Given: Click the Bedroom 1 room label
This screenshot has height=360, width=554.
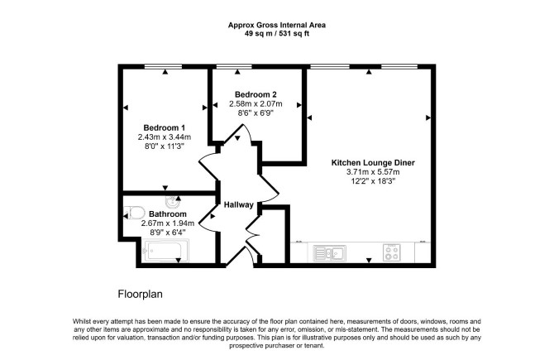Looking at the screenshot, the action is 165,127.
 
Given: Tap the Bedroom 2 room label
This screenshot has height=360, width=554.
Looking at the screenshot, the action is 256,94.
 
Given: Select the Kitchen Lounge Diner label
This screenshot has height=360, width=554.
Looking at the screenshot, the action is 373,163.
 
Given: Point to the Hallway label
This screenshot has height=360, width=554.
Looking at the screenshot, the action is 238,204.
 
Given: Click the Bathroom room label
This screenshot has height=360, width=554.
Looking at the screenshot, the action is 168,214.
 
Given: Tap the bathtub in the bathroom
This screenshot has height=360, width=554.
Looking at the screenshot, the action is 165,251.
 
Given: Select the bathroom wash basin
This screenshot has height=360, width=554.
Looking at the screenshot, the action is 173,202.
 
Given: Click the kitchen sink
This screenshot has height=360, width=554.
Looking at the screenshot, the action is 330,253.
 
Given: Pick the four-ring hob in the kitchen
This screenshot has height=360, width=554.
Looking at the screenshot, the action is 392,253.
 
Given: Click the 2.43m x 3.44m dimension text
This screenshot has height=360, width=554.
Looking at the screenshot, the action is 165,137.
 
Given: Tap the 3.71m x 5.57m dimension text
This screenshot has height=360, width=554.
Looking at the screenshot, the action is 373,172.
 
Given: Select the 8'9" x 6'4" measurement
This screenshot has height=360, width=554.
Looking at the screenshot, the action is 168,233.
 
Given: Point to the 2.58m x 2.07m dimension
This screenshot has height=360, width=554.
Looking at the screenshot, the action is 256,104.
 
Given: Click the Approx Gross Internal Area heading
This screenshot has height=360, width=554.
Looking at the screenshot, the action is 277,25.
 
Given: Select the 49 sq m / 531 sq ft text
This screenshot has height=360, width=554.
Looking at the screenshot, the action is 277,34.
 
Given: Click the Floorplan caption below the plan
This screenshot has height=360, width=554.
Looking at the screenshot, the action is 141,294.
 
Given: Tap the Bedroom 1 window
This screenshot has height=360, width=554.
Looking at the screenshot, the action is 163,66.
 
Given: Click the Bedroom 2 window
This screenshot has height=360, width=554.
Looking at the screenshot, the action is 234,66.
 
